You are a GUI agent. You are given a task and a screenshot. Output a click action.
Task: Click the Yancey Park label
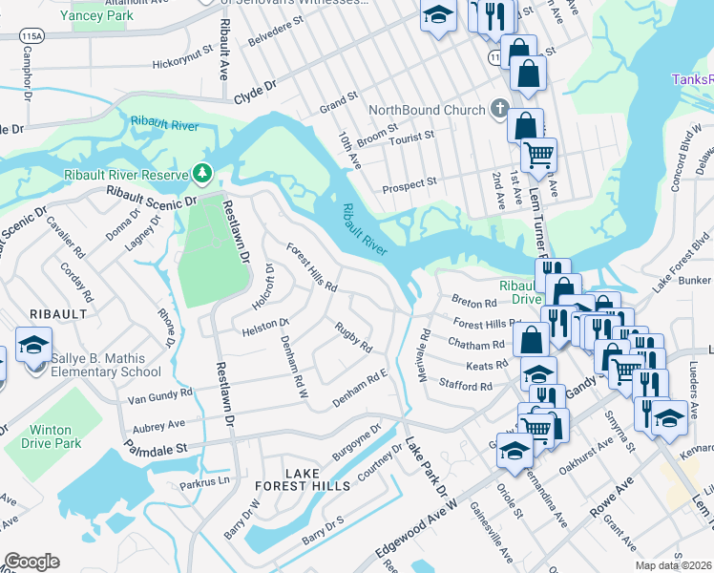(95, 15)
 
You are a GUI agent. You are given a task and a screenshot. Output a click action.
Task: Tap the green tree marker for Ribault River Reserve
(201, 173)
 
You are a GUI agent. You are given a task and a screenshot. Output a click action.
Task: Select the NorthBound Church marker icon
(499, 110)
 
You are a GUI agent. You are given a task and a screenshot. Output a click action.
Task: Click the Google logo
(31, 562)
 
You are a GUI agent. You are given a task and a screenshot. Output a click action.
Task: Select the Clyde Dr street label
(254, 92)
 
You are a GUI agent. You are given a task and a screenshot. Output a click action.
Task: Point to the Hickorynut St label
(185, 64)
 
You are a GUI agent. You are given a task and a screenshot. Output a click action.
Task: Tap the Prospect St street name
(409, 180)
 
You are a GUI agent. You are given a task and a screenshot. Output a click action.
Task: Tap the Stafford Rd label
(465, 387)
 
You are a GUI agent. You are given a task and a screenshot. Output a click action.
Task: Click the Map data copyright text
(674, 562)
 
